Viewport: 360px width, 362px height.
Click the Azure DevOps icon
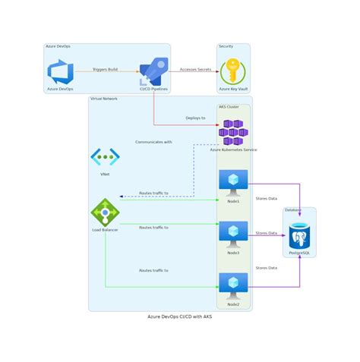60,73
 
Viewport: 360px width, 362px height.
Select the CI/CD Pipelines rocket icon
153,73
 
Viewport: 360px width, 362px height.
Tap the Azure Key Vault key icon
233,72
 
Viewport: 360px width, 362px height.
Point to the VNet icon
105,157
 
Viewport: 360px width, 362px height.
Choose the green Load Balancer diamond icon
105,212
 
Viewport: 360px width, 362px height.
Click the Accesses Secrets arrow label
195,69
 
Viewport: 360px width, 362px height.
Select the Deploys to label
195,118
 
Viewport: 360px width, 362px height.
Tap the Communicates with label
153,142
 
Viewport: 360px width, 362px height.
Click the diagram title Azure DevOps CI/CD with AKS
180,316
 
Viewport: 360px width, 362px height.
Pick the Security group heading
226,47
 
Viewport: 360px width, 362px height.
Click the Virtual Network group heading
104,99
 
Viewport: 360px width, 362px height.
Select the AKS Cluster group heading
229,107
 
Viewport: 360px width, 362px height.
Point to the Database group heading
293,209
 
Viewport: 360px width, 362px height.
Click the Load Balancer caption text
105,230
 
